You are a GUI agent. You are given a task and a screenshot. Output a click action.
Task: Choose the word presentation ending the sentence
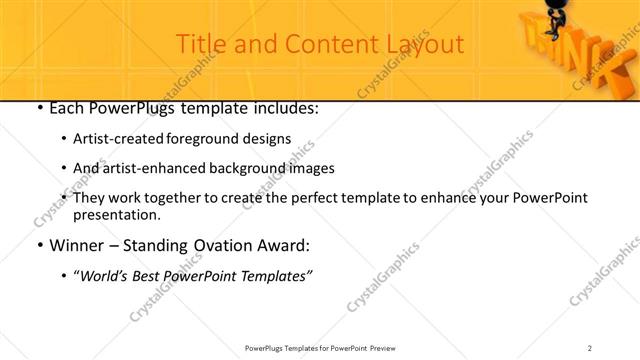(x=116, y=215)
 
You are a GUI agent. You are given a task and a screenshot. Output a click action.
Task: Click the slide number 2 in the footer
(x=589, y=348)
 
